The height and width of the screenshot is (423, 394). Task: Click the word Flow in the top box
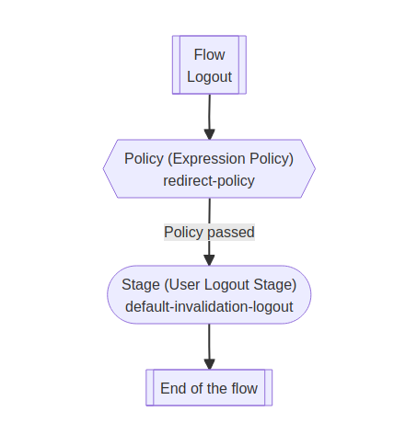coord(209,55)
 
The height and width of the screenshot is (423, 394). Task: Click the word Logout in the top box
coord(209,76)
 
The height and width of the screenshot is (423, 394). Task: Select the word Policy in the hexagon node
coord(144,158)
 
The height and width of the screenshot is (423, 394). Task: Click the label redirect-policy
coord(209,180)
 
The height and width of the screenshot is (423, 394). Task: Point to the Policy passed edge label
coord(209,232)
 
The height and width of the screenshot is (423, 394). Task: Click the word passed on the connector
coord(231,232)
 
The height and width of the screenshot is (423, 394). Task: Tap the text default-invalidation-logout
coord(209,306)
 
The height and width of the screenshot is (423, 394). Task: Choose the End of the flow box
coord(209,388)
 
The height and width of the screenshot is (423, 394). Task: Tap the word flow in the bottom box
coord(241,388)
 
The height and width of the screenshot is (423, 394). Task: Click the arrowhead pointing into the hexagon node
coord(209,134)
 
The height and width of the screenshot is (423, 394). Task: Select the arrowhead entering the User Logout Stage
coord(209,260)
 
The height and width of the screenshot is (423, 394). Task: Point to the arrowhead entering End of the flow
coord(209,364)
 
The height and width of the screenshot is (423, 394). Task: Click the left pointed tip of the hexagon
coord(104,169)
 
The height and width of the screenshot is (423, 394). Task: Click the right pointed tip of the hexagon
coord(314,169)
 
